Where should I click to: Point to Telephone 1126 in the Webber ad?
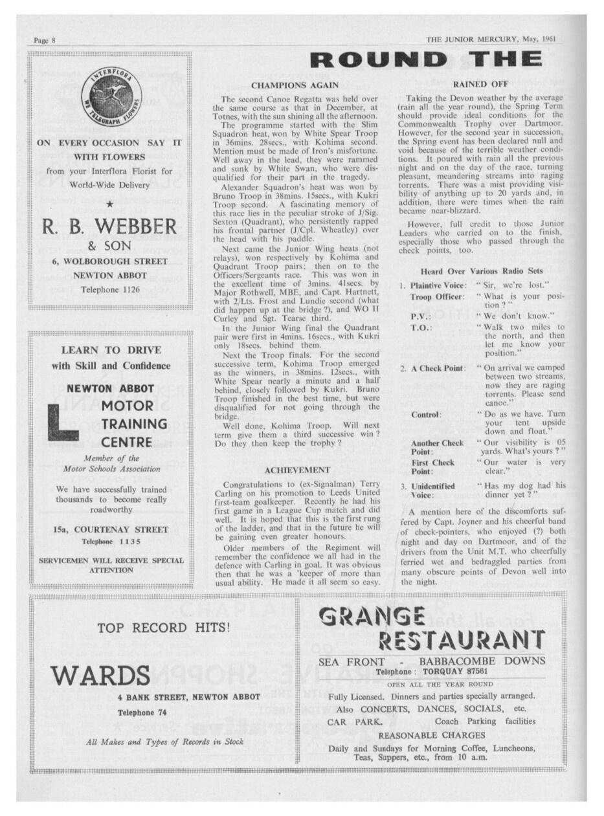(x=109, y=289)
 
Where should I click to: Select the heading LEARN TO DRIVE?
(x=111, y=350)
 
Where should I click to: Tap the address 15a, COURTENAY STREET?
(x=111, y=529)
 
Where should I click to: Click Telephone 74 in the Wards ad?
(x=137, y=712)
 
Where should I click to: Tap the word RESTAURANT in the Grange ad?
(x=460, y=640)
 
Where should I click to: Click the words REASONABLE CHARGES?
(x=431, y=735)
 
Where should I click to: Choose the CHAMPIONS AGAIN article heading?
(x=295, y=85)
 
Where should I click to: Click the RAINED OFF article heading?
(x=480, y=84)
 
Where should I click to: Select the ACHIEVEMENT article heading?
(x=298, y=470)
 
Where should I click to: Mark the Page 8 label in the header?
(x=44, y=40)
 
